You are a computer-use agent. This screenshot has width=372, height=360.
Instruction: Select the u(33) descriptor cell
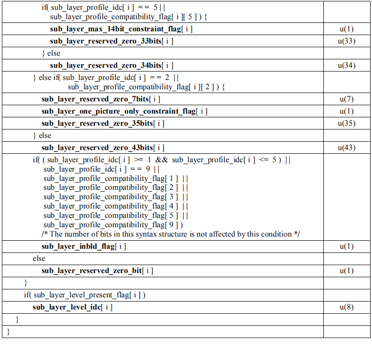coord(347,41)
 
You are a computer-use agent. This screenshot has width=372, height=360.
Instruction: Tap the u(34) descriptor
coord(347,65)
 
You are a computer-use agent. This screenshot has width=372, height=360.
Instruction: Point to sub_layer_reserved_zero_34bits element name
coord(112,65)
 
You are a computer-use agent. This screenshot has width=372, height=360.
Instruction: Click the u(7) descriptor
coord(347,99)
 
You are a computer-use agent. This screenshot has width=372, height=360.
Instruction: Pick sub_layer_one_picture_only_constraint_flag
coord(124,111)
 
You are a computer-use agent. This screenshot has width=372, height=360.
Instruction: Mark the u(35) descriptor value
coord(347,123)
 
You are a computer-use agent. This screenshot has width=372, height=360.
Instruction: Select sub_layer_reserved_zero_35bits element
coord(103,123)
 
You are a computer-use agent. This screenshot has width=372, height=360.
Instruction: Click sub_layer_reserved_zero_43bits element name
coord(103,148)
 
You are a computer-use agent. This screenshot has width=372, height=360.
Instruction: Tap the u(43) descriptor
coord(347,148)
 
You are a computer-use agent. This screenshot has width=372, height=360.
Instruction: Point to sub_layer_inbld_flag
coord(84,246)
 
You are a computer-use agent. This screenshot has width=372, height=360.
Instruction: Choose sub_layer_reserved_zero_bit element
coord(97,271)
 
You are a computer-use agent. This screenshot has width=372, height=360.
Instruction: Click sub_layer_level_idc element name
coord(73,307)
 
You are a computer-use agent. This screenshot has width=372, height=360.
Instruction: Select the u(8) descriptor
coord(347,307)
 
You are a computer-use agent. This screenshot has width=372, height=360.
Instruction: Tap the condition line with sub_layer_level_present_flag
coord(85,295)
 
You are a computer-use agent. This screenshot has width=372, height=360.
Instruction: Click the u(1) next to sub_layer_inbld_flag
coord(347,246)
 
